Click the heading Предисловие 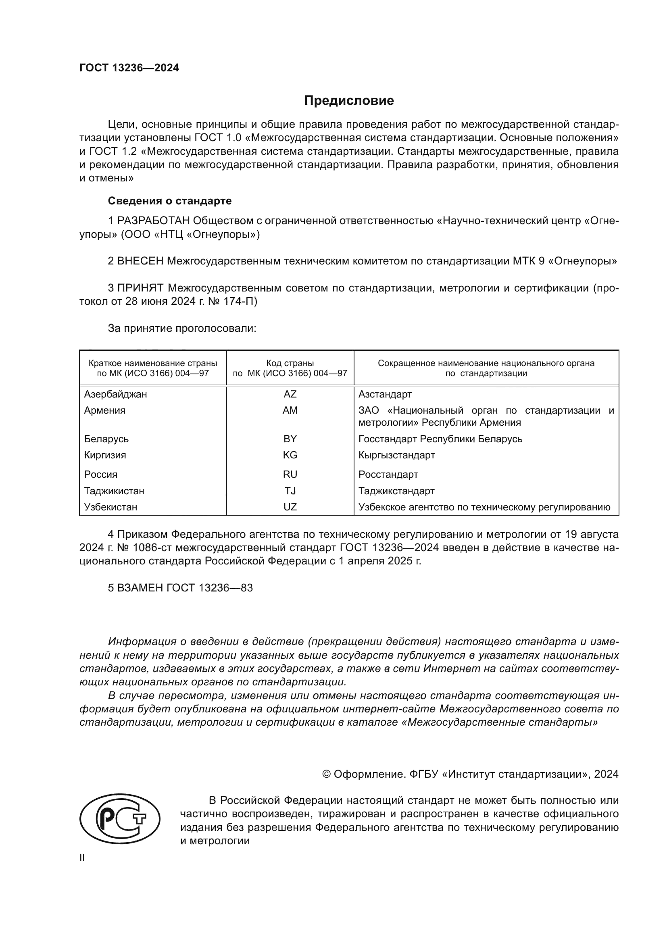pos(349,101)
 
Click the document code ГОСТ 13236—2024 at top pos(129,68)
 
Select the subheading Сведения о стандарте pos(170,201)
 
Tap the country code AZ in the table pos(290,394)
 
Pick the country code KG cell pos(290,455)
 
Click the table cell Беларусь pos(106,439)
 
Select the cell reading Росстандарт pos(388,475)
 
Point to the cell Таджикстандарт pos(396,491)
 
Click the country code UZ pos(290,507)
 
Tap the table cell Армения pos(105,410)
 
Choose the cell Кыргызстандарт pos(397,455)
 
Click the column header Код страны pos(290,364)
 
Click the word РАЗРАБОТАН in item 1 pos(154,221)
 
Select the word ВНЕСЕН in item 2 pos(140,261)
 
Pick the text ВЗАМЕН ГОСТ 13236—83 pos(180,588)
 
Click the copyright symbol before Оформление pos(327,774)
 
